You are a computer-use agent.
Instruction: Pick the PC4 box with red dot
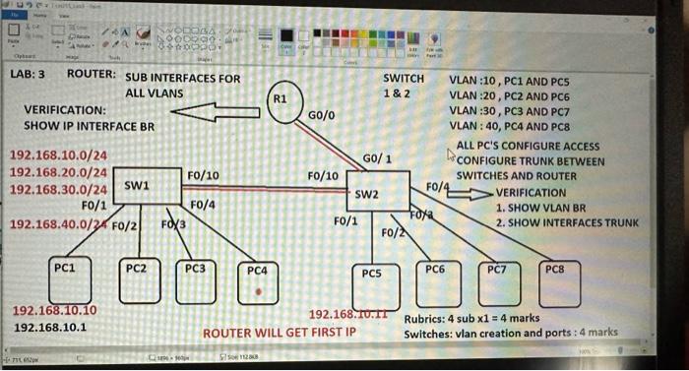257,282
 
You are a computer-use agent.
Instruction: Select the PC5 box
373,284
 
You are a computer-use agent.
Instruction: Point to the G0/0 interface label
322,116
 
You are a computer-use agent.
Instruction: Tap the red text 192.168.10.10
60,311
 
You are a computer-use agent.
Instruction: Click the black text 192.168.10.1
51,328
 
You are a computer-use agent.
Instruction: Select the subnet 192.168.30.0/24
58,188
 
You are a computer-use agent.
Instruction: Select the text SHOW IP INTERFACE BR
89,128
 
